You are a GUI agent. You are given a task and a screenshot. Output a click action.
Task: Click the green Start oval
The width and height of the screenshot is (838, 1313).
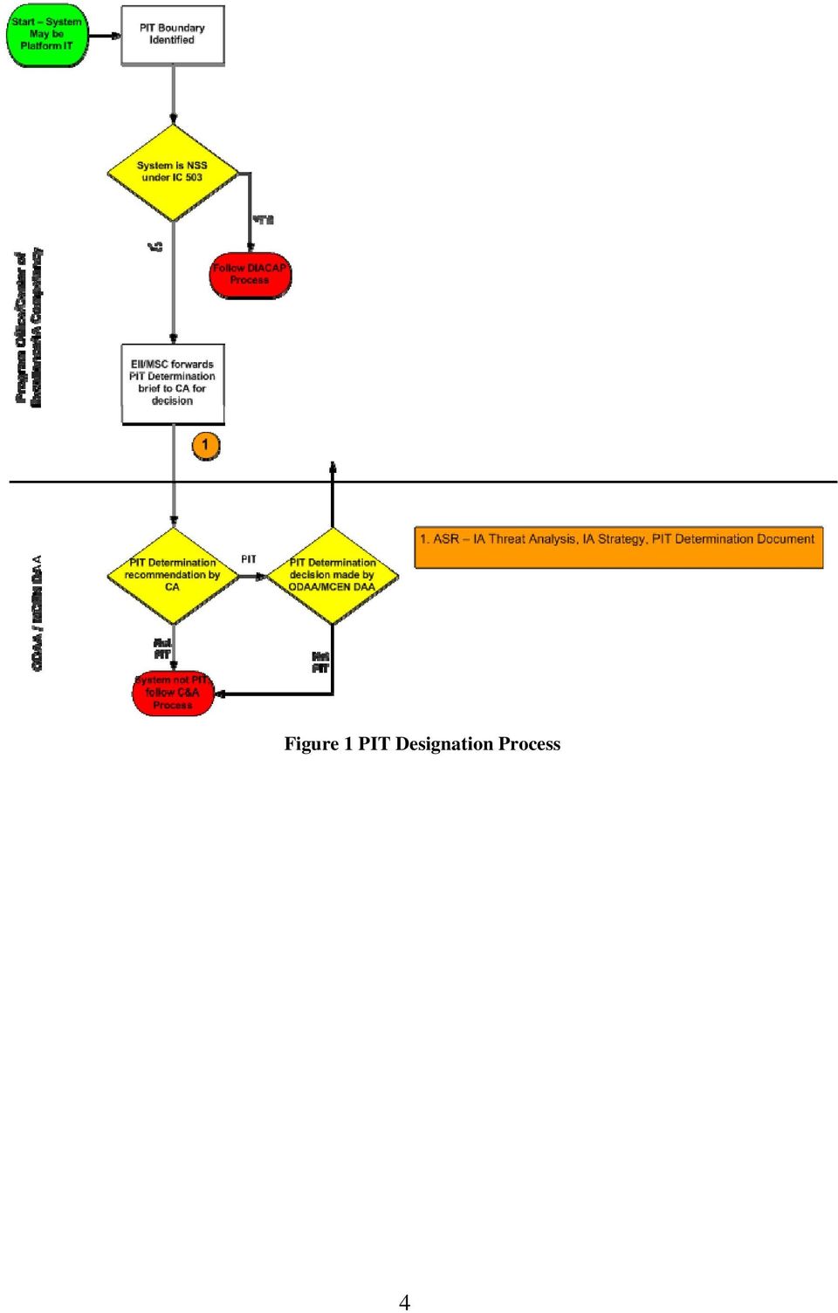(47, 35)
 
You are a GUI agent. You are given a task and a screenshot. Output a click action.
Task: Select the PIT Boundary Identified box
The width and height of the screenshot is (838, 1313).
(173, 35)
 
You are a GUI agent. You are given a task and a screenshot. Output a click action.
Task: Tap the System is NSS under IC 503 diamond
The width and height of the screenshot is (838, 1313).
(173, 172)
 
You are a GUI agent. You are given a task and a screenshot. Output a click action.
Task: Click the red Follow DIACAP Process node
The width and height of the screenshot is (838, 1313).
(251, 275)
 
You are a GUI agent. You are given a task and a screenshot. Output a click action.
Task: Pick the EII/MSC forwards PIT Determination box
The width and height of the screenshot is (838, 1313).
(173, 383)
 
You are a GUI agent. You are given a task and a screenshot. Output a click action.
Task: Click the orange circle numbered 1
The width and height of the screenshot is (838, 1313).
(206, 446)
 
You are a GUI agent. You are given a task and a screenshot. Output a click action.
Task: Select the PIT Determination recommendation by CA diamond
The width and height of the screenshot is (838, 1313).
(173, 576)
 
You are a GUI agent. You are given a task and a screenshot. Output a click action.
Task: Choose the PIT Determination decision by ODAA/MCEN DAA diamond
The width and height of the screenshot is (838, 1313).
(333, 576)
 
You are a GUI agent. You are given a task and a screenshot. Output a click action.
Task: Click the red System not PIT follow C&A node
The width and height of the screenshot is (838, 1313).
(173, 693)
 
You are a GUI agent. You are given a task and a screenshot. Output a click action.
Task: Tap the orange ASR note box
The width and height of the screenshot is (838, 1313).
(618, 547)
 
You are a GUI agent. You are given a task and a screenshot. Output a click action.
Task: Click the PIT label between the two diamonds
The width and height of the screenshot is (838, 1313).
(249, 559)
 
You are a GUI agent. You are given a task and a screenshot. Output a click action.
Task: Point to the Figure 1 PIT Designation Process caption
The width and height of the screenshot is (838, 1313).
(422, 744)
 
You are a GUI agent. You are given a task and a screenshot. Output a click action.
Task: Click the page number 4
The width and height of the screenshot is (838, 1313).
(404, 1302)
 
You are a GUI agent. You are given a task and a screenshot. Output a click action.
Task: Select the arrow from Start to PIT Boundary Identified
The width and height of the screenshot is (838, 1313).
(105, 36)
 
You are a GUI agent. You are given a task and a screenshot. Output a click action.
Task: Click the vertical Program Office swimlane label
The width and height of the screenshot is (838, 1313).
(28, 327)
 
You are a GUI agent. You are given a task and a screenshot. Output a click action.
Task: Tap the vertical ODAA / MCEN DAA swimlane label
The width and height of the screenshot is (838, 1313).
(37, 612)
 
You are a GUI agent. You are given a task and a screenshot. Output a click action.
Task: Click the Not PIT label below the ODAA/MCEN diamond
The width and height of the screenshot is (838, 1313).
(320, 662)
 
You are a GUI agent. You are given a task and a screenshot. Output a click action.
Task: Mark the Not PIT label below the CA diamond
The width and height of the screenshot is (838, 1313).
(162, 648)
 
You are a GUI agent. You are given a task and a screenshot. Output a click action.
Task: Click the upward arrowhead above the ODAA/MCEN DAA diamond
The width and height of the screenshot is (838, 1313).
(333, 468)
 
